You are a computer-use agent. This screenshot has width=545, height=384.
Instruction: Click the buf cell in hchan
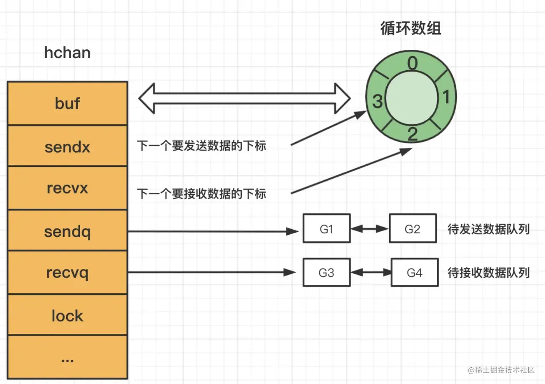(x=67, y=103)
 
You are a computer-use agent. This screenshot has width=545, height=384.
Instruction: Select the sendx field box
(x=67, y=146)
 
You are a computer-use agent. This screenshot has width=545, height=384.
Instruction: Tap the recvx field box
(x=67, y=188)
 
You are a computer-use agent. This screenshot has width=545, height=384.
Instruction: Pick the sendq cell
(x=67, y=231)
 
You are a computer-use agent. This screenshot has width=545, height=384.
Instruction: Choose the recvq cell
(x=67, y=273)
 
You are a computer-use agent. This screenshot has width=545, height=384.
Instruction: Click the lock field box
(x=67, y=315)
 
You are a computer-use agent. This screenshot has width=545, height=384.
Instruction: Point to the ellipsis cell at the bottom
(x=67, y=358)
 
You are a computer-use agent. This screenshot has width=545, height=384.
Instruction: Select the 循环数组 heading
(x=410, y=28)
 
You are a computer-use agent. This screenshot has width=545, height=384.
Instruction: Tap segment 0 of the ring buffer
(x=412, y=64)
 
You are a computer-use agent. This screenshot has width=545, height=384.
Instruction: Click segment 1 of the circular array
(x=446, y=97)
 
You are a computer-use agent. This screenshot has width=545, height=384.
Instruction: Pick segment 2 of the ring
(x=412, y=134)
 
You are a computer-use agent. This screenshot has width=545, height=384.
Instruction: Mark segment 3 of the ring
(x=377, y=101)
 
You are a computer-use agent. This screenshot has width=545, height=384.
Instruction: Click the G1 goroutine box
(x=326, y=229)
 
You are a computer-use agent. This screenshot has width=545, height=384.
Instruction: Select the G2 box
(x=413, y=229)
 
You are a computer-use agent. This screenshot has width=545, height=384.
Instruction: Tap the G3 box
(x=326, y=273)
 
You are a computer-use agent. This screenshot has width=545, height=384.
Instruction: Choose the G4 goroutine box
(x=414, y=273)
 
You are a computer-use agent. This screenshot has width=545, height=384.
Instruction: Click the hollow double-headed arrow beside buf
(x=244, y=98)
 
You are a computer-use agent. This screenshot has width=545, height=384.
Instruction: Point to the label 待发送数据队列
(x=488, y=230)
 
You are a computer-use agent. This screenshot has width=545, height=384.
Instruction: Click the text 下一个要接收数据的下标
(x=201, y=194)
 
